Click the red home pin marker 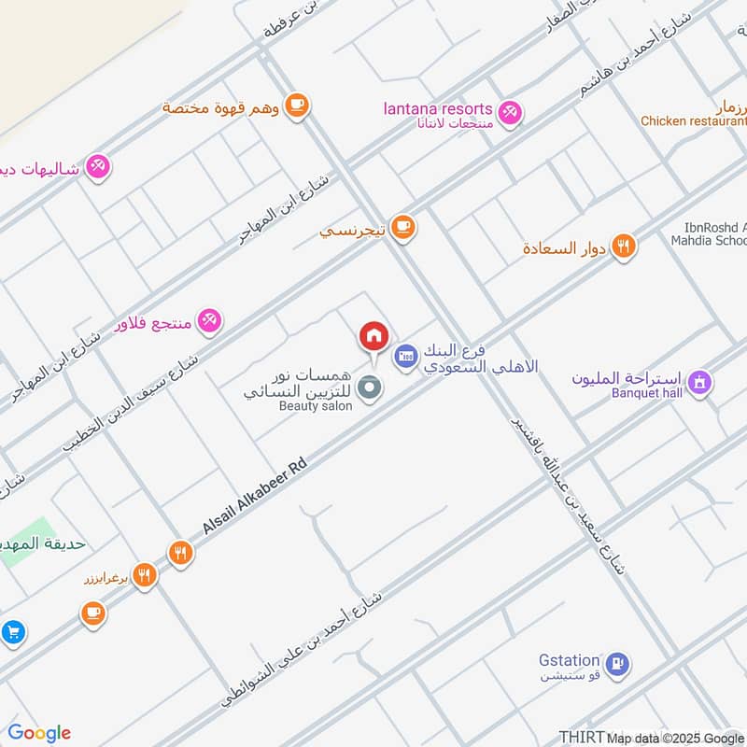pos(373,335)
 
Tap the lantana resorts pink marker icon pos(509,113)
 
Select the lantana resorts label pos(438,109)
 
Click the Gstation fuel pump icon pos(616,664)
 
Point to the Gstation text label pos(569,660)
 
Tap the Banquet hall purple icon pos(698,381)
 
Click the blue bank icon pos(404,356)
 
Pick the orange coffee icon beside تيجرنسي pos(402,227)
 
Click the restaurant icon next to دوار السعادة pos(624,247)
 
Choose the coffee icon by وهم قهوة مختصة pos(297,106)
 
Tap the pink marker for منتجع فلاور pos(210,321)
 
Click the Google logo pos(39,733)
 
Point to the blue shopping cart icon pos(12,632)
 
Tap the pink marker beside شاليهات pos(97,166)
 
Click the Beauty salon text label pos(316,406)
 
